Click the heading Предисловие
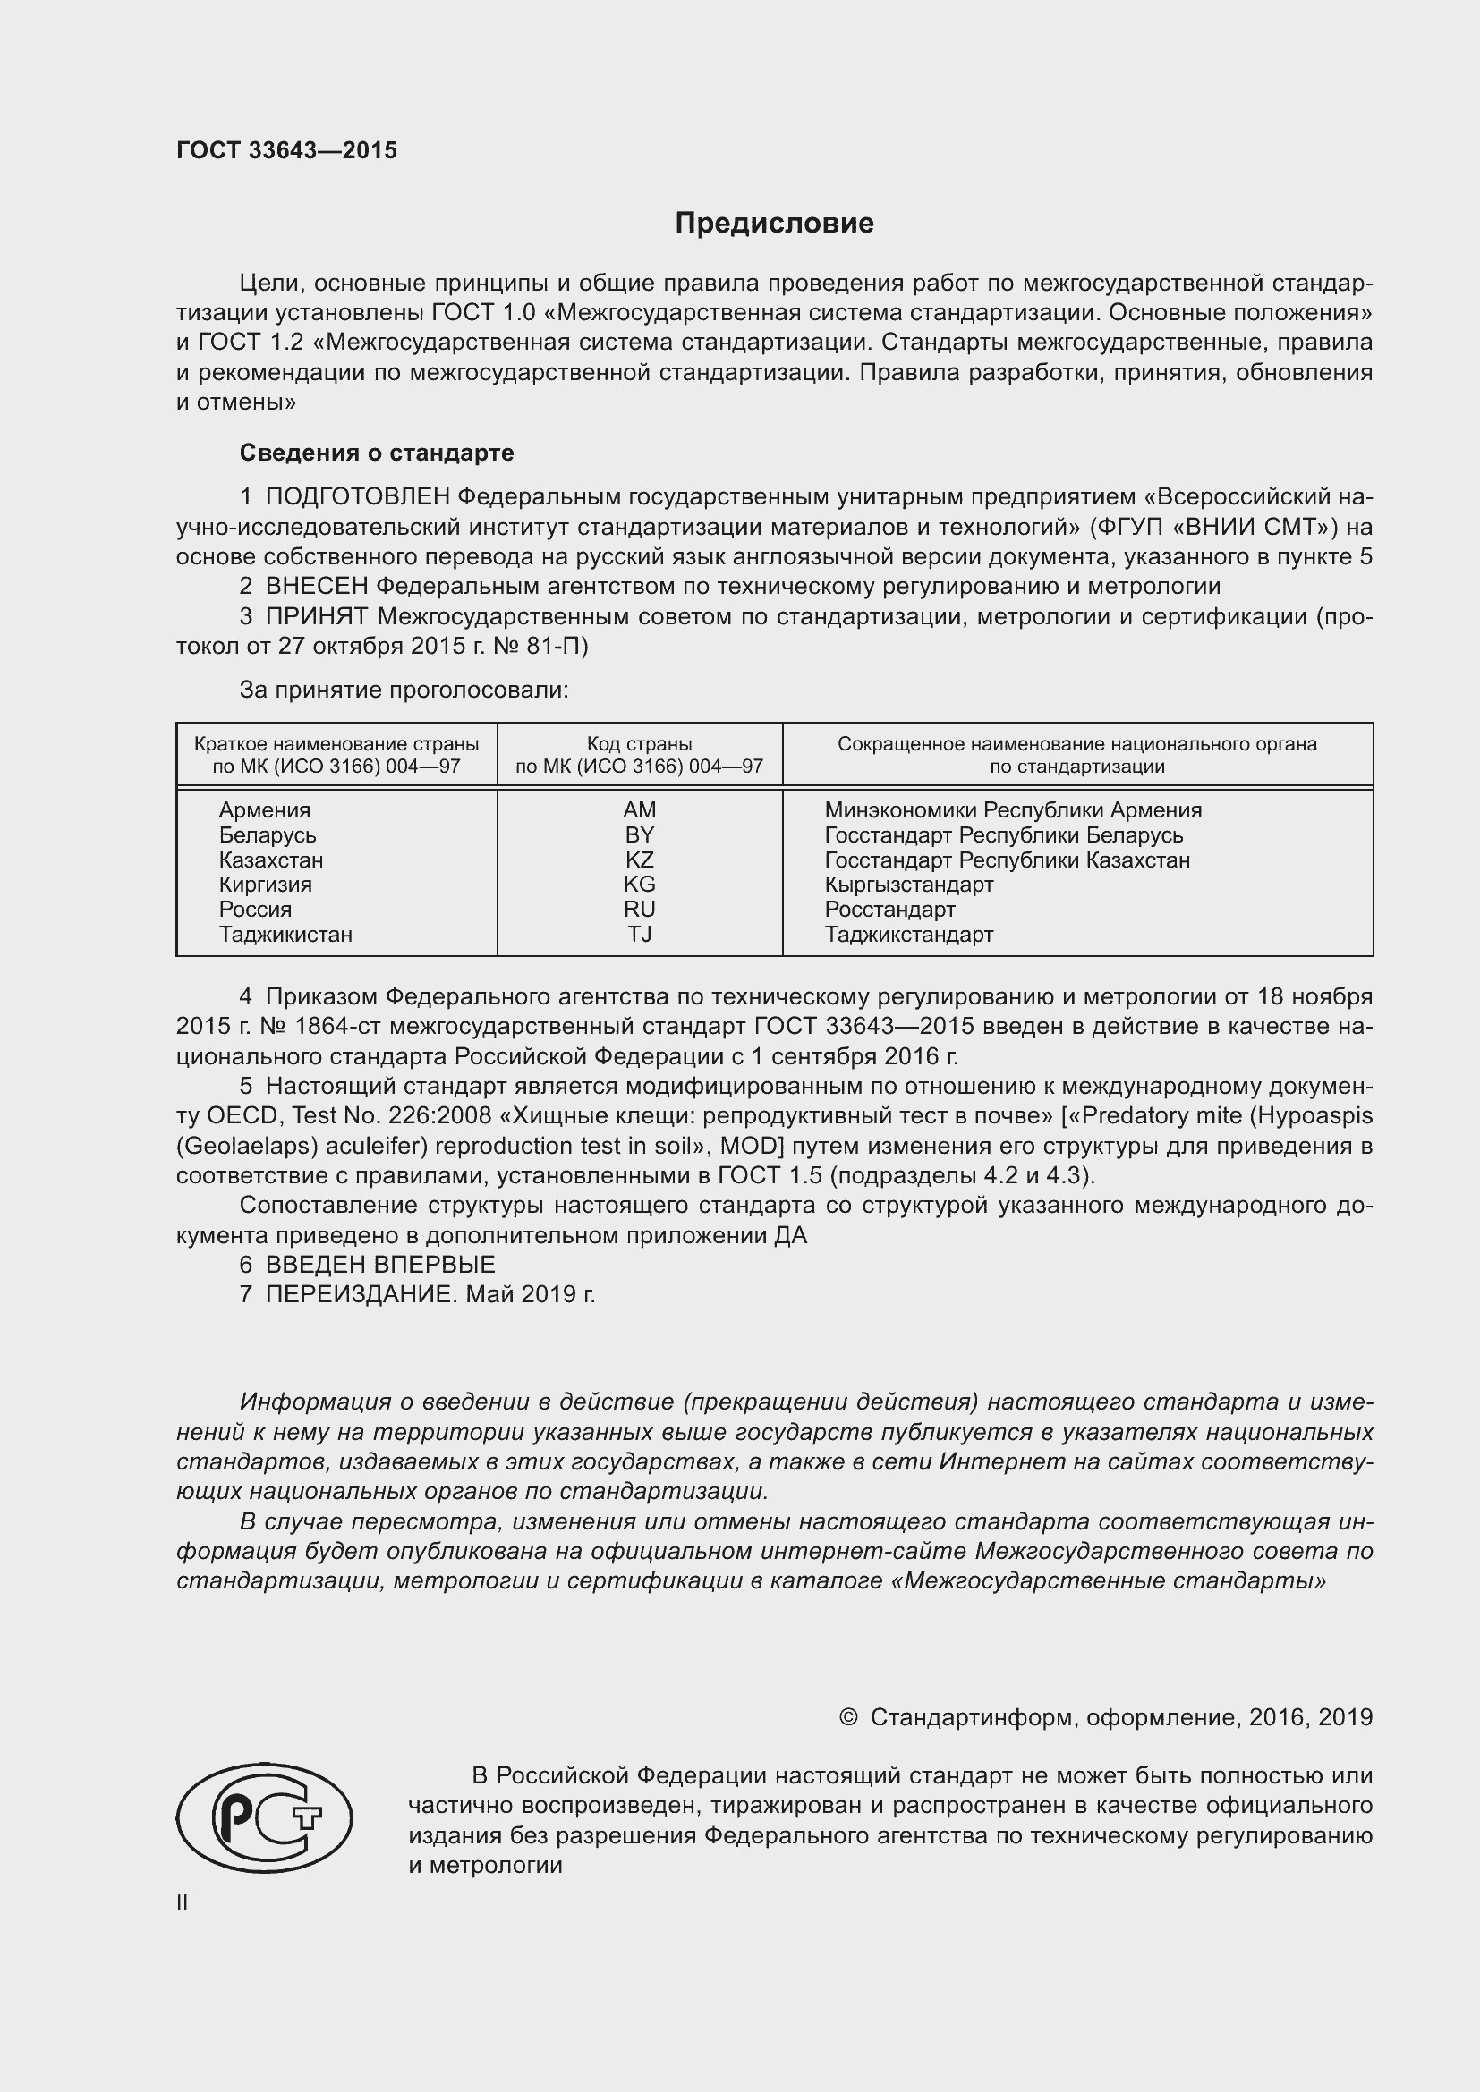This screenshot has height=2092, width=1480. [774, 224]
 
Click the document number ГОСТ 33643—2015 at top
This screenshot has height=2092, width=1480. [286, 151]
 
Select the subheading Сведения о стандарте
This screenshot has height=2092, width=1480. [377, 453]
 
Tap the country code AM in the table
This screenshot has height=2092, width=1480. [639, 810]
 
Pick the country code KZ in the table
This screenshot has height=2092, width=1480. [639, 860]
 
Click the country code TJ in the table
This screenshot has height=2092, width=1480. [639, 935]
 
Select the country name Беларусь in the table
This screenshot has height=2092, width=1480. [267, 835]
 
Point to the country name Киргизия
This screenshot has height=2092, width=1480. [265, 885]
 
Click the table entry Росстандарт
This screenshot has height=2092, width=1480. [889, 910]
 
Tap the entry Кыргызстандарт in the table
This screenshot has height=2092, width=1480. [908, 885]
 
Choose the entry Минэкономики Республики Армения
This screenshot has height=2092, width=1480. [1013, 810]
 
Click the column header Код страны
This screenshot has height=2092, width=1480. [639, 744]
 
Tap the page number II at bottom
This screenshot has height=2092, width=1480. [183, 1903]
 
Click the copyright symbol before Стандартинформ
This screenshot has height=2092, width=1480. [847, 1717]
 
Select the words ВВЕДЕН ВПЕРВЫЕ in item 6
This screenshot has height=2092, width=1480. [380, 1265]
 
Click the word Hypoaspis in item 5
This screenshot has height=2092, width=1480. [1319, 1116]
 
